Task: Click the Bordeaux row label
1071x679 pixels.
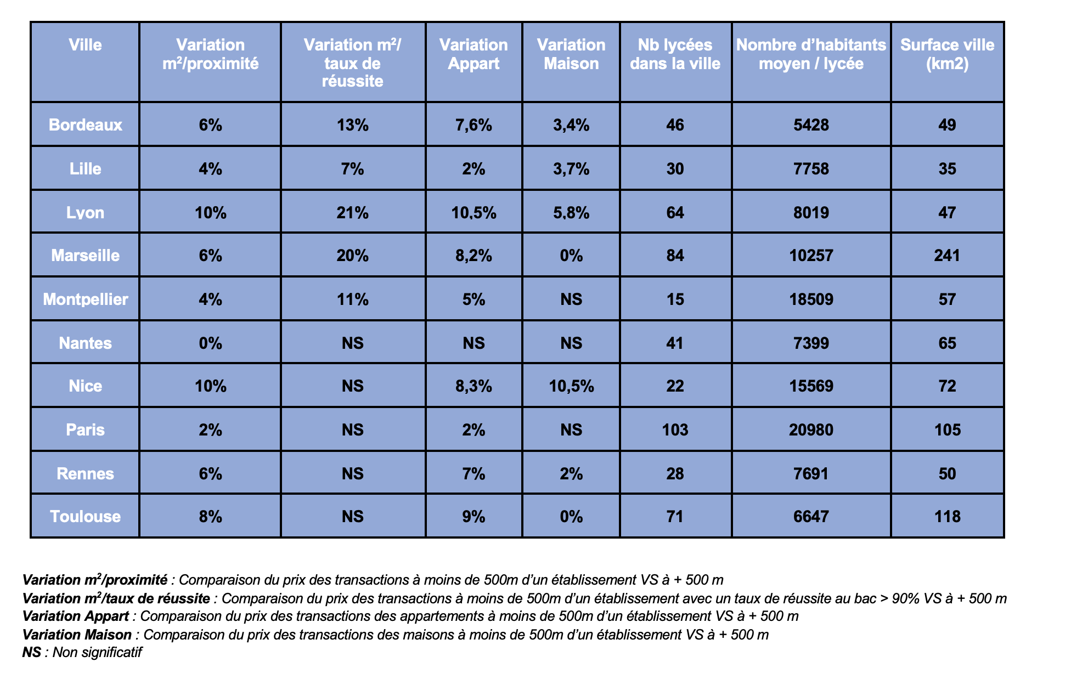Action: pyautogui.click(x=85, y=125)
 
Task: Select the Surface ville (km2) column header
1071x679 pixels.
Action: pyautogui.click(x=947, y=54)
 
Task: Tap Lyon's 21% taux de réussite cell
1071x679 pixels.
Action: pyautogui.click(x=352, y=213)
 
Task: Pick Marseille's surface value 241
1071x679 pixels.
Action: pyautogui.click(x=947, y=256)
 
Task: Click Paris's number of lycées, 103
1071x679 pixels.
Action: pyautogui.click(x=675, y=430)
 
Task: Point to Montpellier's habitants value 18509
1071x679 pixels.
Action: pyautogui.click(x=811, y=299)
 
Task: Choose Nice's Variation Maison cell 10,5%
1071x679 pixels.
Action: pyautogui.click(x=571, y=387)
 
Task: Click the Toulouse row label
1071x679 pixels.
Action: pyautogui.click(x=85, y=517)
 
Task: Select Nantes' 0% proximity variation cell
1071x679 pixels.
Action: pyautogui.click(x=210, y=343)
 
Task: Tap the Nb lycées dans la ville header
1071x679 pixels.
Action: pyautogui.click(x=675, y=54)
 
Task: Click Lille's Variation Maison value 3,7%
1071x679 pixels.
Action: pyautogui.click(x=571, y=169)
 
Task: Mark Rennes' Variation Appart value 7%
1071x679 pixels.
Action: pyautogui.click(x=474, y=474)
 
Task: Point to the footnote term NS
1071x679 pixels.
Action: pyautogui.click(x=32, y=653)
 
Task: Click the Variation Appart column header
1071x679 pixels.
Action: pyautogui.click(x=474, y=54)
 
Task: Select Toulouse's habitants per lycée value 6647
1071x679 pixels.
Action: pyautogui.click(x=811, y=517)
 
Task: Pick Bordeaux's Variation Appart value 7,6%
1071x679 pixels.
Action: pyautogui.click(x=474, y=126)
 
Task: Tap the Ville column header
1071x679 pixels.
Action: pyautogui.click(x=85, y=45)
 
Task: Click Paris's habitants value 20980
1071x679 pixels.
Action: pyautogui.click(x=811, y=430)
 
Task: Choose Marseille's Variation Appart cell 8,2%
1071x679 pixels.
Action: pyautogui.click(x=474, y=256)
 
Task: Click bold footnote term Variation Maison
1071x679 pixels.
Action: pyautogui.click(x=77, y=635)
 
